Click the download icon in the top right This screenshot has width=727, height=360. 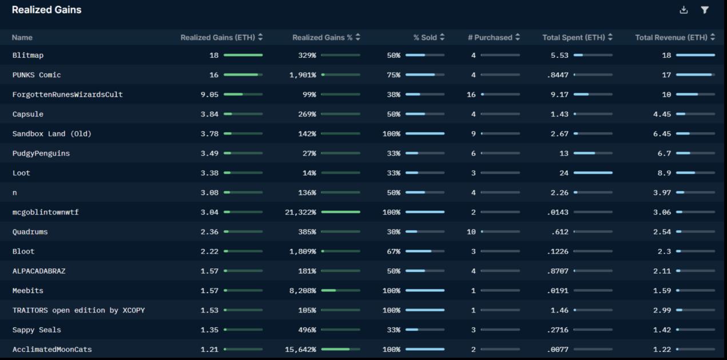tap(684, 10)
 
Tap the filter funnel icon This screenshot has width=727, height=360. tap(705, 10)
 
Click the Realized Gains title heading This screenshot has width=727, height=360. tap(46, 10)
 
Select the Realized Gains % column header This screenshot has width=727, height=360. tap(323, 37)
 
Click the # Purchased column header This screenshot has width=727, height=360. tap(490, 37)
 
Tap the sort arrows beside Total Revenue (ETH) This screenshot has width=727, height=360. tap(713, 37)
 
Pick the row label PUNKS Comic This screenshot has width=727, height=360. tap(37, 75)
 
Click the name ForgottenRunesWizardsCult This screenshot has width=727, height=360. tap(67, 94)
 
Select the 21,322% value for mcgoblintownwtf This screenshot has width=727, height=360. tap(300, 212)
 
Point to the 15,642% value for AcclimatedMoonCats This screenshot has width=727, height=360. tap(300, 350)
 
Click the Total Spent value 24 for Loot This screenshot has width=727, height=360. tap(564, 173)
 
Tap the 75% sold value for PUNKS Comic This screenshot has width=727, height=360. tap(394, 75)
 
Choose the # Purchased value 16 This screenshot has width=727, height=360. tap(471, 94)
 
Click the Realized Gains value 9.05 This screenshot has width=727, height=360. tap(209, 94)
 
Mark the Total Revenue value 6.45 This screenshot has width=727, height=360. tap(662, 134)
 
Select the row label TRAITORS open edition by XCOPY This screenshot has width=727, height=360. tap(78, 310)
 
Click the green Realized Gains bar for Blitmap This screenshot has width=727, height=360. tap(243, 55)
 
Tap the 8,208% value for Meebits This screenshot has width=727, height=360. tap(303, 291)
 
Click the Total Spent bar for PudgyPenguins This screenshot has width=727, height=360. tap(593, 153)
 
